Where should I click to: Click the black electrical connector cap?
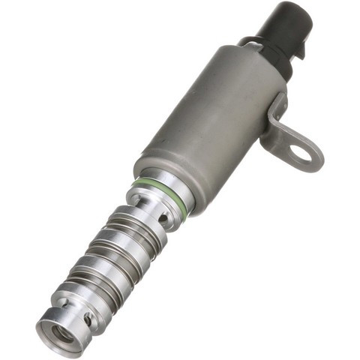click(x=280, y=30)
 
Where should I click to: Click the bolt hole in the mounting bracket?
click(x=301, y=154)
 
